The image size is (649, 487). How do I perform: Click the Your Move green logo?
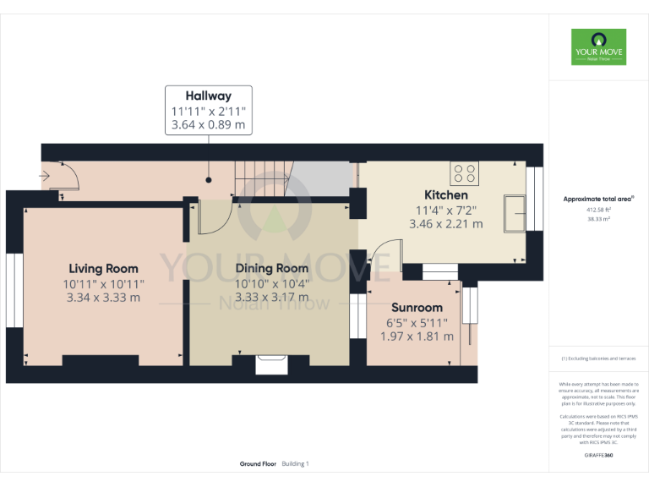598,48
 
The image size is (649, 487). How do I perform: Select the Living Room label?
103,269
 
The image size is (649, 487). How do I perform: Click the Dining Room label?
271,269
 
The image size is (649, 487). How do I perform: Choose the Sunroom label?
415,308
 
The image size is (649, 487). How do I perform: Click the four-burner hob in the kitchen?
465,172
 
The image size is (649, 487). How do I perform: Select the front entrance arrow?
44,177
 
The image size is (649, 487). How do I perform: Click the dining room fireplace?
271,364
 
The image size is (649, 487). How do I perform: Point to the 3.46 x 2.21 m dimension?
445,224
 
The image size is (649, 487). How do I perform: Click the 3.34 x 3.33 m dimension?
103,298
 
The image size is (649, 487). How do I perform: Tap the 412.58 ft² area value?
598,209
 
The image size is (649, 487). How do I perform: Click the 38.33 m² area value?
598,218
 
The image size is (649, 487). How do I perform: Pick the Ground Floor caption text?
258,464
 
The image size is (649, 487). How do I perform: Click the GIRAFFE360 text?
598,456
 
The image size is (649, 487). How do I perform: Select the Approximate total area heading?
598,199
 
